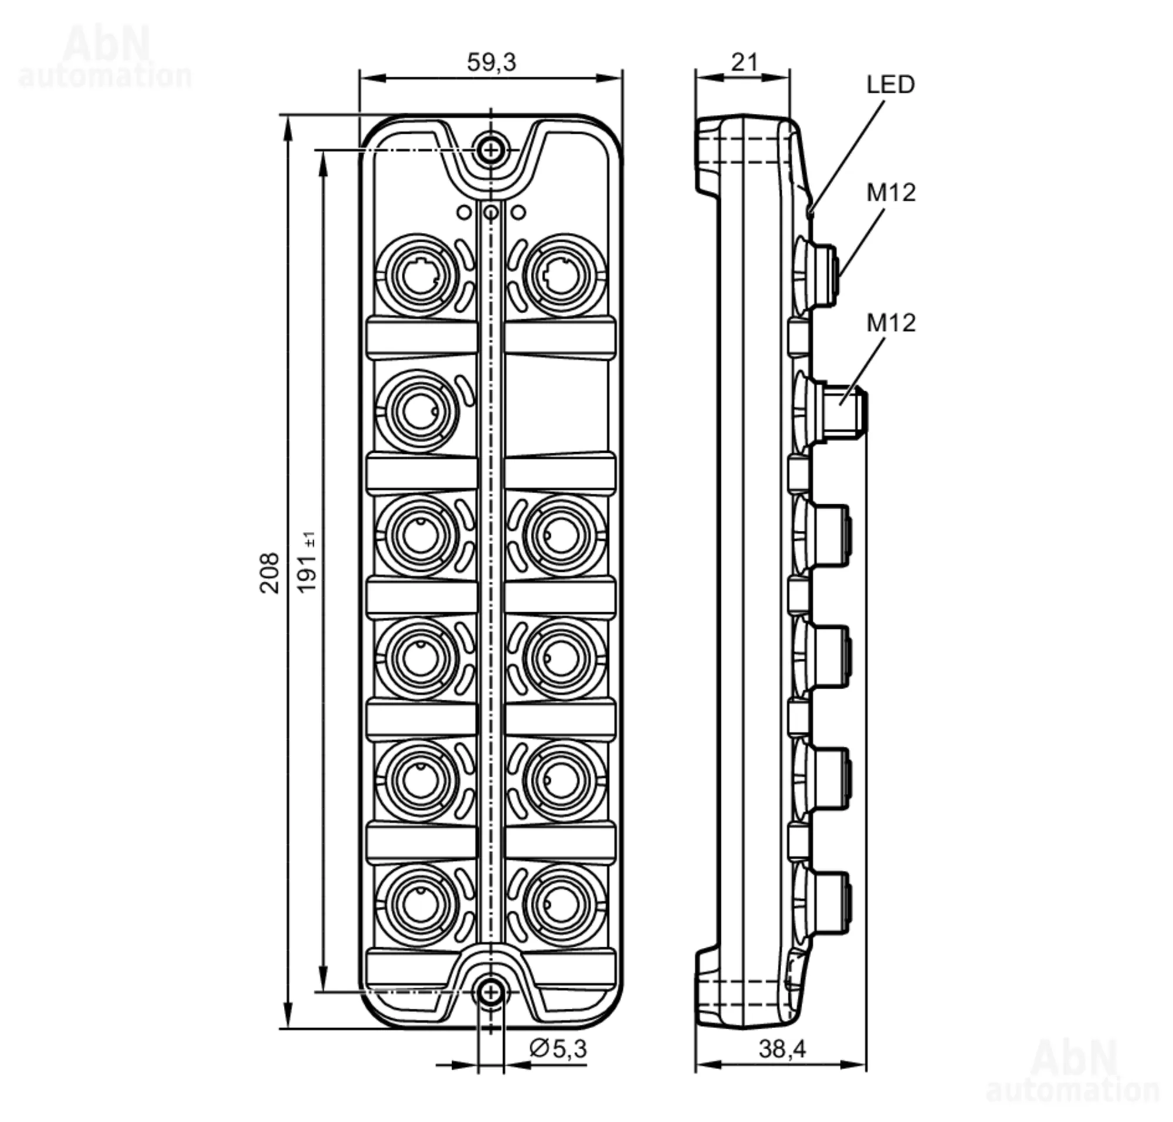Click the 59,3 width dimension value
coord(490,62)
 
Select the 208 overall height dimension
coord(269,572)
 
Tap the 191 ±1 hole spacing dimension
coord(307,562)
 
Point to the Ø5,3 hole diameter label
coord(558,1048)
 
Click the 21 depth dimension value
coord(744,62)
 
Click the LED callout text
coord(891,84)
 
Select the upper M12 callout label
coord(891,192)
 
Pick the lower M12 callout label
coord(891,323)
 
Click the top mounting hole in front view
coord(490,150)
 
